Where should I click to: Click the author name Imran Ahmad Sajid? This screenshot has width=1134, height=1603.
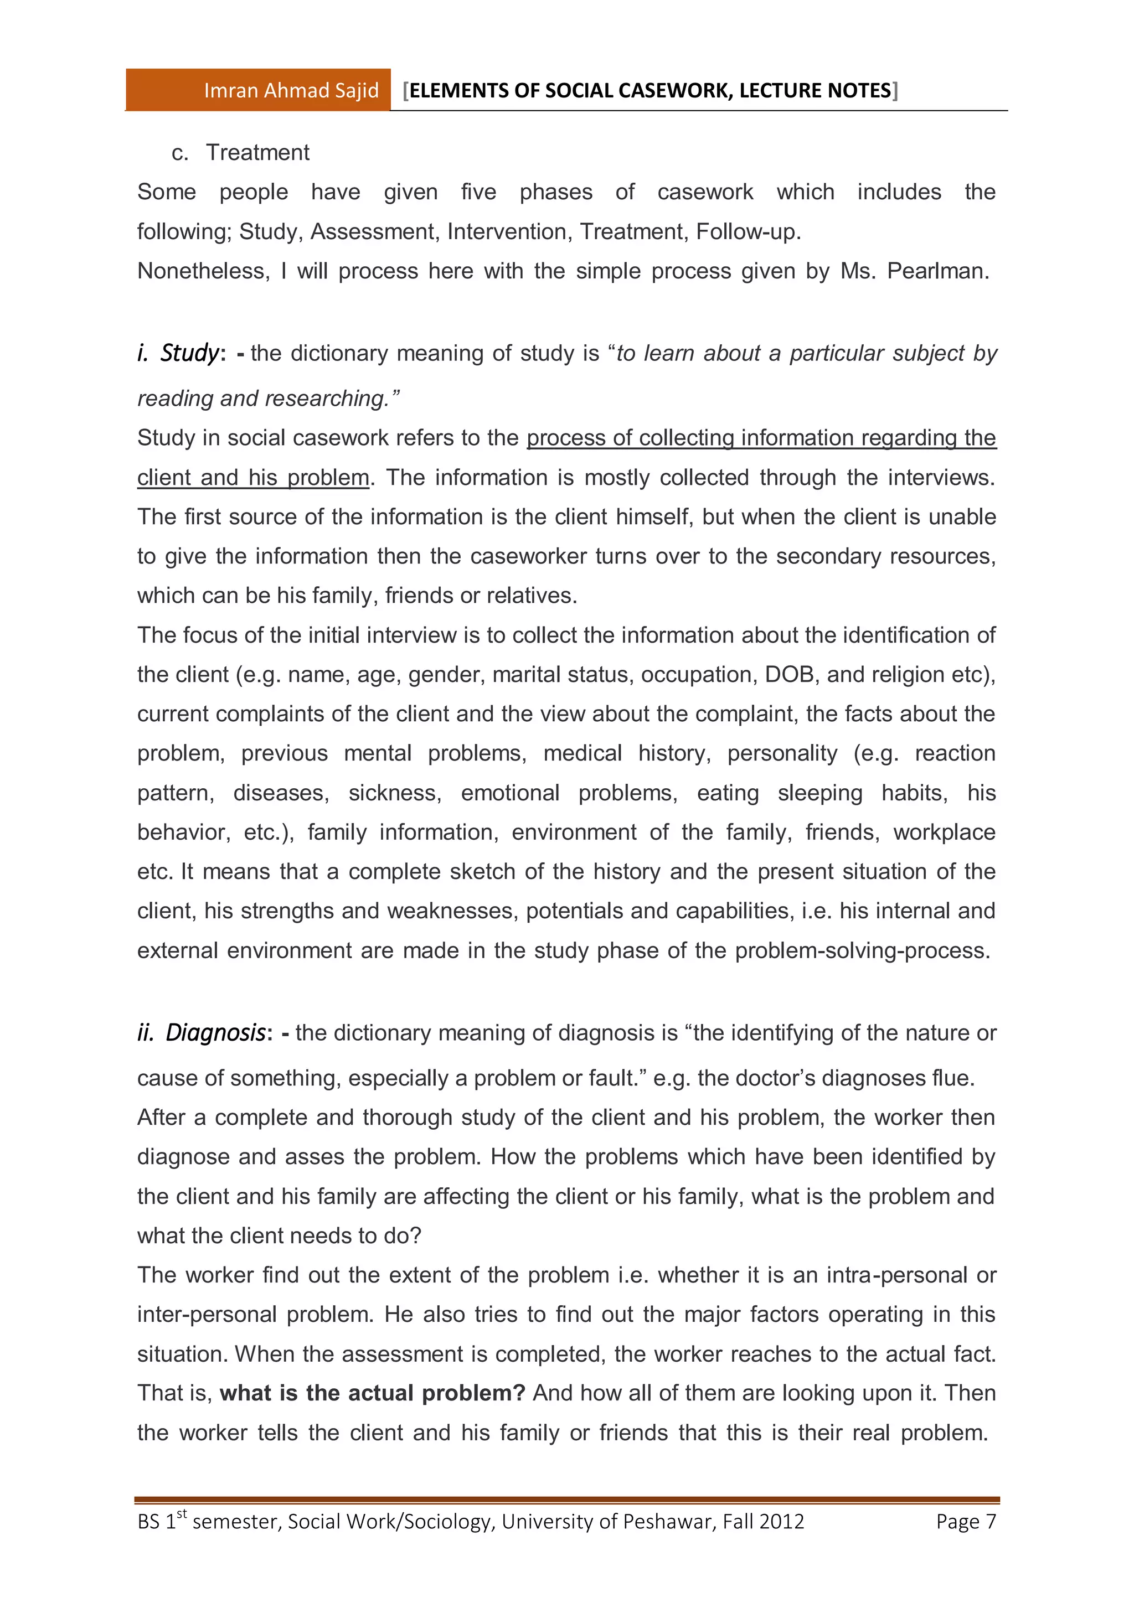click(x=291, y=91)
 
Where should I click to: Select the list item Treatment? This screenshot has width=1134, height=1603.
click(x=257, y=152)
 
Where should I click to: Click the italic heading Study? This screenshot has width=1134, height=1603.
click(x=189, y=353)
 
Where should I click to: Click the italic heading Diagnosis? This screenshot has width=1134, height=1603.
click(x=215, y=1032)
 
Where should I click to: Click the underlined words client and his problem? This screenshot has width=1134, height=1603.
click(x=253, y=478)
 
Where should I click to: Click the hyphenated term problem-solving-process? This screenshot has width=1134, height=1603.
click(x=862, y=951)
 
